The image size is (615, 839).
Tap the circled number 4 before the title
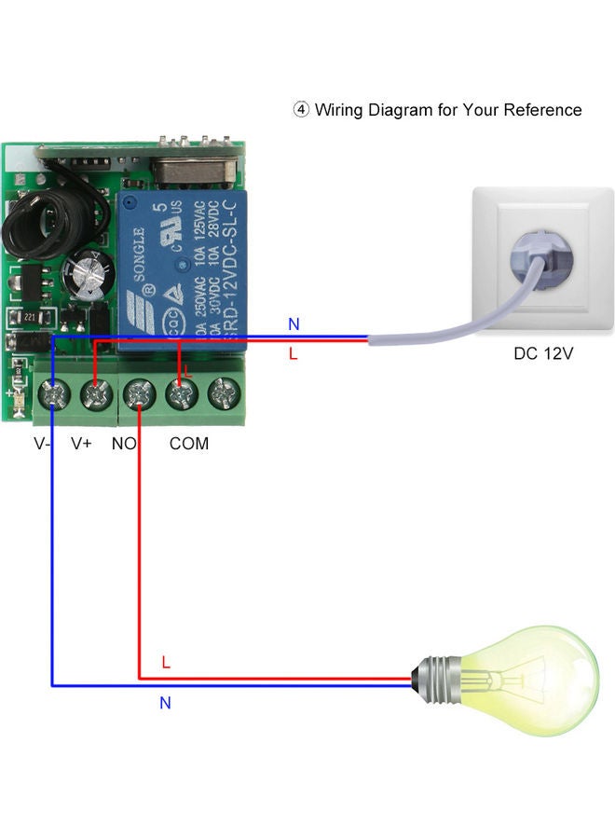point(301,110)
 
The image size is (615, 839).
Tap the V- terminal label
point(43,444)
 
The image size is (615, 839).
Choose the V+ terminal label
point(82,444)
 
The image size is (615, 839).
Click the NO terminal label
point(124,444)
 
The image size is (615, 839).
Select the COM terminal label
point(189,444)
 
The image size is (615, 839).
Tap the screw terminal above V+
point(96,395)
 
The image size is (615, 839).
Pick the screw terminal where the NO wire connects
point(139,395)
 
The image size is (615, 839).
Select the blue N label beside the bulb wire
point(165,703)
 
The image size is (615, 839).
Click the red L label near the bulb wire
point(166,663)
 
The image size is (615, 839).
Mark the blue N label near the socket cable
point(294,324)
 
